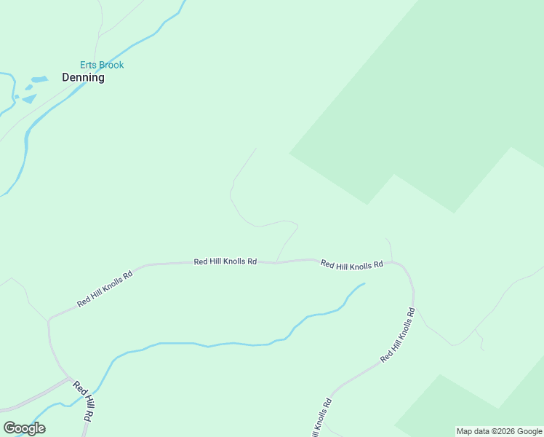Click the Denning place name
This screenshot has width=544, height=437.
coord(82,77)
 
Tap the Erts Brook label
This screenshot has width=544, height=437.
coord(102,65)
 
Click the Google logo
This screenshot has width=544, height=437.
coord(24,428)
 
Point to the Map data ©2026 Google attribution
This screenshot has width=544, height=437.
coord(499,431)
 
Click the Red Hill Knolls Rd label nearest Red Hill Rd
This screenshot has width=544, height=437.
coord(105,289)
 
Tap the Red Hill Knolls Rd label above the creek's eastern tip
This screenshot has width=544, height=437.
coord(351,266)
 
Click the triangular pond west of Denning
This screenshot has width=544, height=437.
coord(30,98)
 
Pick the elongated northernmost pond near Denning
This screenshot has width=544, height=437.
coord(39,79)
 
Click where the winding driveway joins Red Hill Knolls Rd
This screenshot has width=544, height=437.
coord(276,262)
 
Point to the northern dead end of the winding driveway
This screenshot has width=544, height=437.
coord(256,149)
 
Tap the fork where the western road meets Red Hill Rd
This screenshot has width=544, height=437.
coord(71,379)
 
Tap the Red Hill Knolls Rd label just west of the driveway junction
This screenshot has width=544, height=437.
coord(225,261)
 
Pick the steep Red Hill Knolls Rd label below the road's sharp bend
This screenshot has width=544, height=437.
coord(397,336)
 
